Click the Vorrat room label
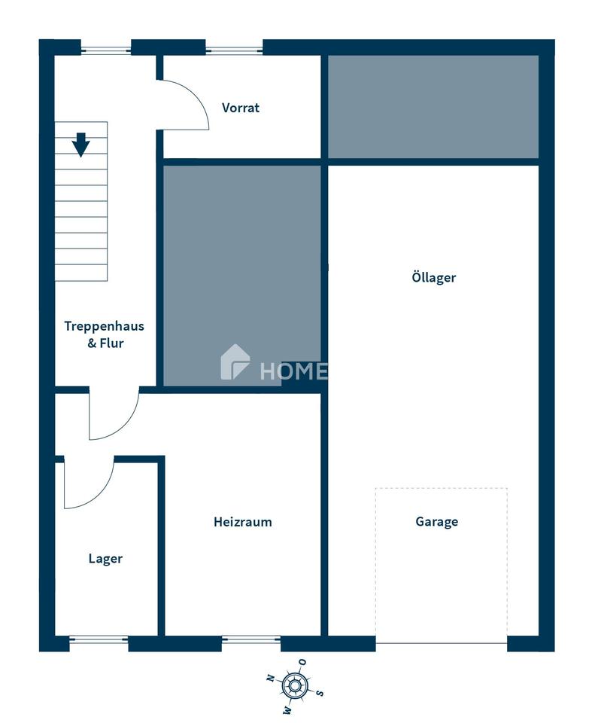[241, 108]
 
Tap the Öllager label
[433, 277]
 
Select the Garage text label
[437, 521]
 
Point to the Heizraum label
[243, 522]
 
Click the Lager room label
[105, 559]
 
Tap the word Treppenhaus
[104, 326]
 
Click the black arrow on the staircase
[80, 145]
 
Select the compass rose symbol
[294, 685]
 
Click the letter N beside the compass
[271, 678]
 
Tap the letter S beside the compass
[319, 693]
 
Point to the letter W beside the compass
[287, 709]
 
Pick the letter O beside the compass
[302, 662]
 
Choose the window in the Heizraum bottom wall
[251, 639]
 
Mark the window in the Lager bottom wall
[99, 639]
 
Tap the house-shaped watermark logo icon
[235, 362]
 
